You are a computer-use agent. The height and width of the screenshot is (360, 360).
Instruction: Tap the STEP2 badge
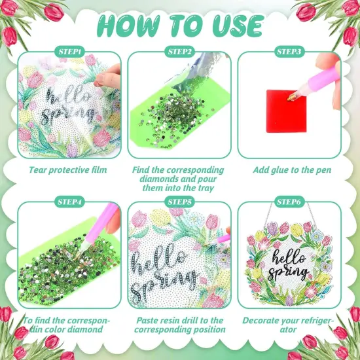pyautogui.click(x=179, y=51)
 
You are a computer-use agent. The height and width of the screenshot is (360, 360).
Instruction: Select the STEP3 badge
pyautogui.click(x=289, y=51)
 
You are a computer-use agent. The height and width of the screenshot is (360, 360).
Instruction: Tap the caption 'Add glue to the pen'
pyautogui.click(x=289, y=170)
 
